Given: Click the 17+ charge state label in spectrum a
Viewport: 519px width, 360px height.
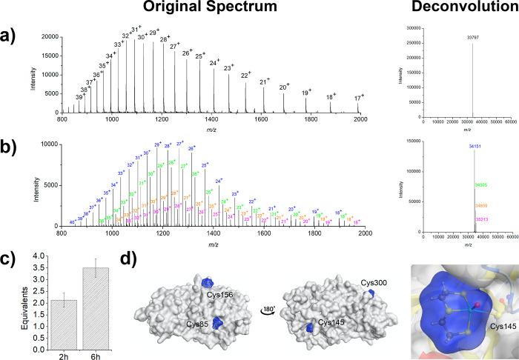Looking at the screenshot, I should pos(359,98).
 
